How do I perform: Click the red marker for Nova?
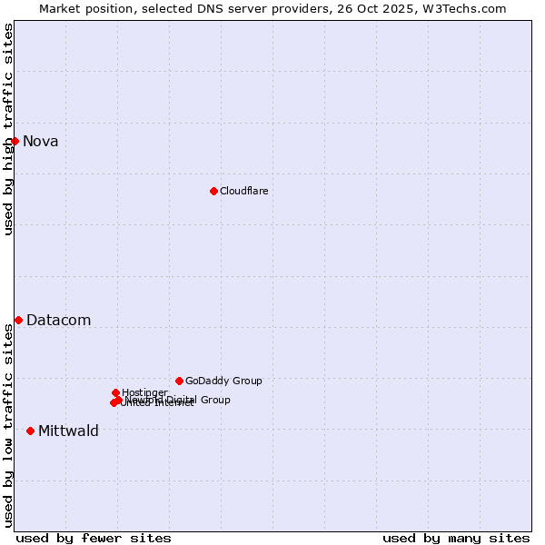(x=15, y=141)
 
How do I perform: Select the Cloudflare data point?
(x=213, y=191)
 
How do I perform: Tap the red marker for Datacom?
(x=18, y=320)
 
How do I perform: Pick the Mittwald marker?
(x=30, y=431)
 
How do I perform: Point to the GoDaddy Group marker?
(x=179, y=381)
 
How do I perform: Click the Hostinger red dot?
(x=115, y=392)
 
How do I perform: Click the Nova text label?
(x=41, y=141)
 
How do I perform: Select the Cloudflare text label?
(x=243, y=191)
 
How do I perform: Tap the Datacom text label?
(x=58, y=320)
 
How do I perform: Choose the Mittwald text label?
(x=68, y=431)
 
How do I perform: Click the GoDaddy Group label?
(x=223, y=381)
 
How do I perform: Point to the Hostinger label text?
(x=144, y=392)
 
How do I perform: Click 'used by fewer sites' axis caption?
(x=94, y=538)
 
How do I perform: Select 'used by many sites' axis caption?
(x=456, y=538)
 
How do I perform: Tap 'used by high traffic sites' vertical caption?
(x=9, y=129)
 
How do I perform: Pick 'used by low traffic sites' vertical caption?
(x=9, y=425)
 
